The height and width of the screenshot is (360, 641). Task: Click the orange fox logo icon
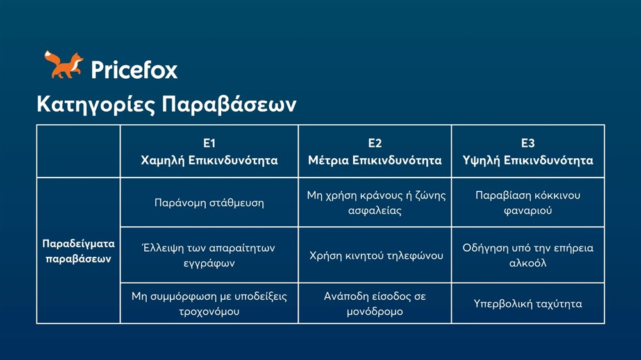pyautogui.click(x=63, y=65)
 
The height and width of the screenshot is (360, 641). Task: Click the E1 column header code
pyautogui.click(x=209, y=143)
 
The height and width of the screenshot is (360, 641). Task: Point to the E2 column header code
pyautogui.click(x=375, y=143)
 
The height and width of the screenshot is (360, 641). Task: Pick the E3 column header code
pyautogui.click(x=528, y=143)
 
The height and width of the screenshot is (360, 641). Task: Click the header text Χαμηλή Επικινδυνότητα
pyautogui.click(x=209, y=160)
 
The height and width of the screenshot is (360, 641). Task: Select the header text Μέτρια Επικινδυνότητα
pyautogui.click(x=375, y=160)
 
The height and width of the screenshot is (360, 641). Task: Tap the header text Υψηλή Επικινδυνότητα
pyautogui.click(x=528, y=160)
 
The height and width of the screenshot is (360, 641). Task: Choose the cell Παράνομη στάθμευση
pyautogui.click(x=209, y=203)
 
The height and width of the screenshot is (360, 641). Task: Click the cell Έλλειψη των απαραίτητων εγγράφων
pyautogui.click(x=209, y=255)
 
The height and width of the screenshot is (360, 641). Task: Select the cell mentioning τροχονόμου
pyautogui.click(x=209, y=304)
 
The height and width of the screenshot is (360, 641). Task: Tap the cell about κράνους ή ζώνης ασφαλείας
pyautogui.click(x=375, y=202)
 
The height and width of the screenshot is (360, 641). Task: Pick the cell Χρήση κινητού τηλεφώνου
pyautogui.click(x=375, y=256)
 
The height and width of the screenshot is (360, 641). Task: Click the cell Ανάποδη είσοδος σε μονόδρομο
pyautogui.click(x=375, y=304)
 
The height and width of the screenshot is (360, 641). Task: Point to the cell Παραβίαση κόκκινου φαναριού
pyautogui.click(x=528, y=202)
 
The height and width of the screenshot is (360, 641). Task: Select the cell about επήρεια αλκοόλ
pyautogui.click(x=528, y=255)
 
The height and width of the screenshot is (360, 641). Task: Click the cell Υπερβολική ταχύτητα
pyautogui.click(x=528, y=304)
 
